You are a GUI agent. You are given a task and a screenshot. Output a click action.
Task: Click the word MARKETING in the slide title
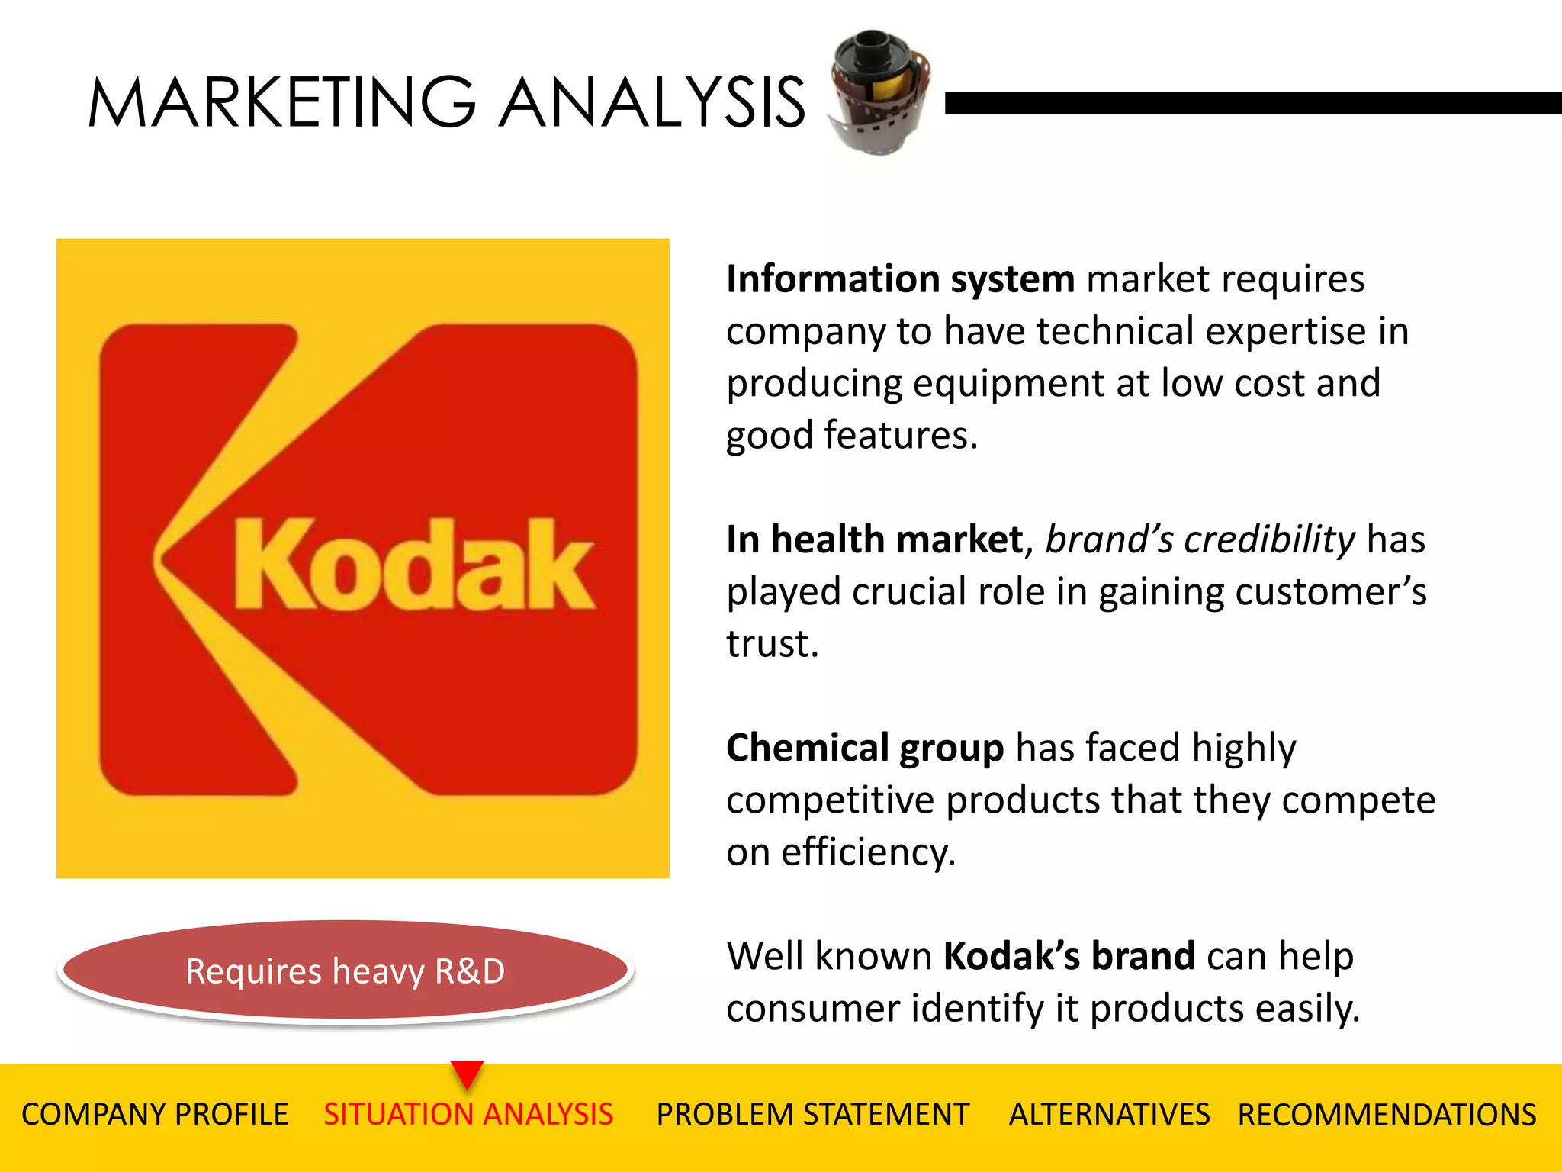pyautogui.click(x=282, y=102)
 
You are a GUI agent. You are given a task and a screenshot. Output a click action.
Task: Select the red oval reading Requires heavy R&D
pyautogui.click(x=346, y=971)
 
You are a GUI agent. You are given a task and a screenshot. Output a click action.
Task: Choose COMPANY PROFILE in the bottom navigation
pyautogui.click(x=155, y=1115)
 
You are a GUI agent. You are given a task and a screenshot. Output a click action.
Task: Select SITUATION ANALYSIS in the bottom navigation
pyautogui.click(x=468, y=1115)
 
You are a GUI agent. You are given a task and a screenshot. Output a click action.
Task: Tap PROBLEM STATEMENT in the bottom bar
pyautogui.click(x=812, y=1115)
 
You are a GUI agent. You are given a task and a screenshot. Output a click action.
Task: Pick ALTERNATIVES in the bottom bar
pyautogui.click(x=1109, y=1115)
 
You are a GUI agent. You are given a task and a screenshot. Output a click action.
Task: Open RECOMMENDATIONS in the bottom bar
pyautogui.click(x=1387, y=1115)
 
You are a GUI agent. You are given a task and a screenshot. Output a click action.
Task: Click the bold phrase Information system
pyautogui.click(x=900, y=279)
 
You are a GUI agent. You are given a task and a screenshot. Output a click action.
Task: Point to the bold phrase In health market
pyautogui.click(x=874, y=539)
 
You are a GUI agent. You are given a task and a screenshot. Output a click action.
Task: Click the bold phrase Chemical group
pyautogui.click(x=864, y=748)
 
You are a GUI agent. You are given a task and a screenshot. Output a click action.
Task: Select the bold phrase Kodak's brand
pyautogui.click(x=1069, y=956)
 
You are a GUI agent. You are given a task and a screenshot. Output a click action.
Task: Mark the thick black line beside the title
pyautogui.click(x=1251, y=103)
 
